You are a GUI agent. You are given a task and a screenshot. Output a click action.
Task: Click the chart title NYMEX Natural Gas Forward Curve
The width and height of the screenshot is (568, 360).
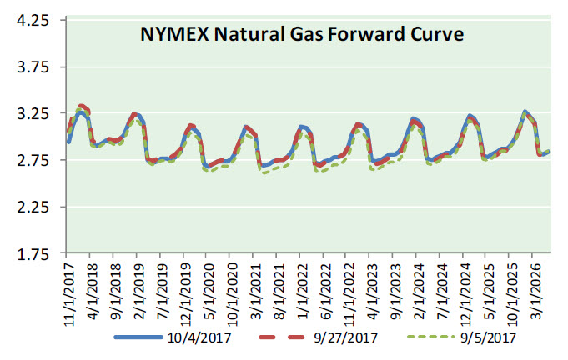[300, 36]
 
